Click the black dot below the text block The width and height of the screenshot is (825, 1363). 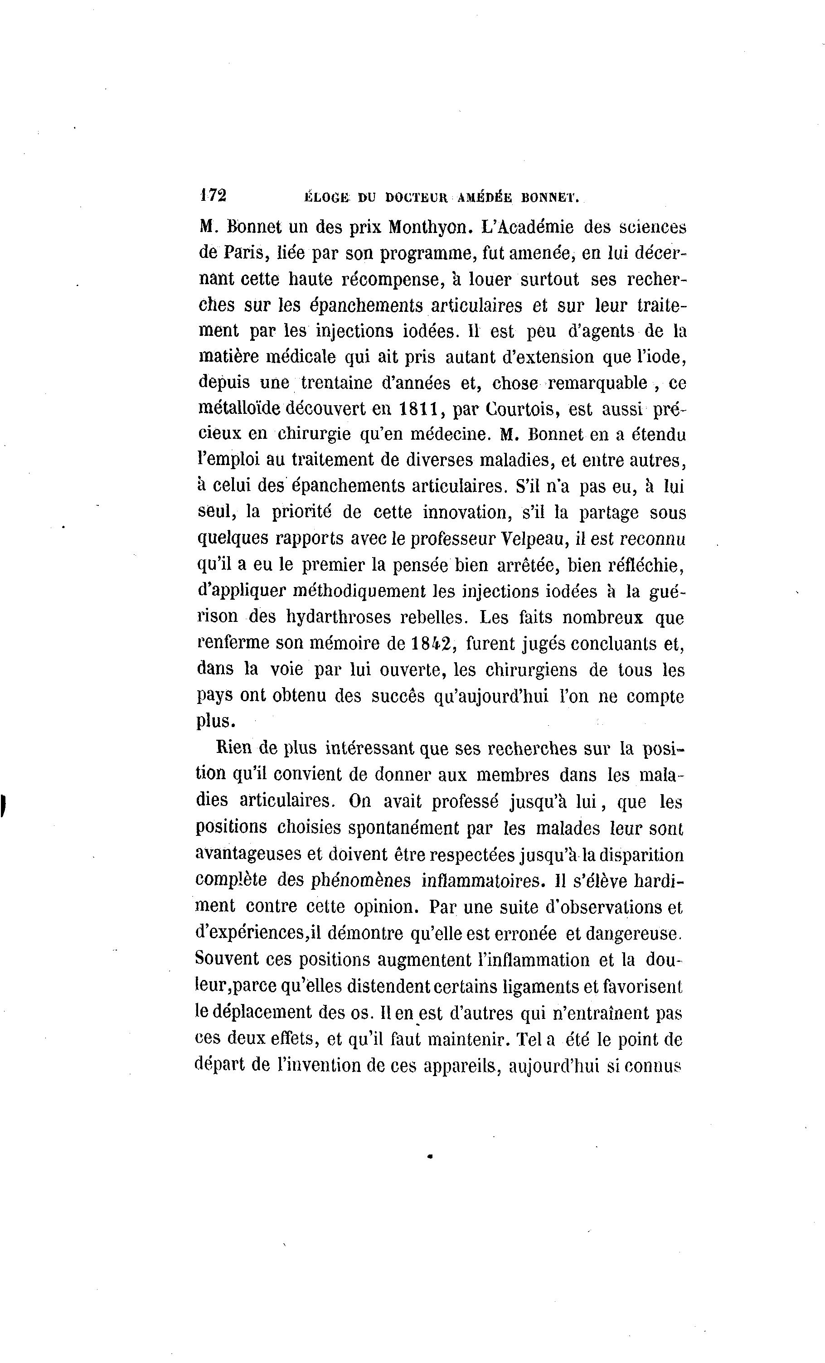430,1155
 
